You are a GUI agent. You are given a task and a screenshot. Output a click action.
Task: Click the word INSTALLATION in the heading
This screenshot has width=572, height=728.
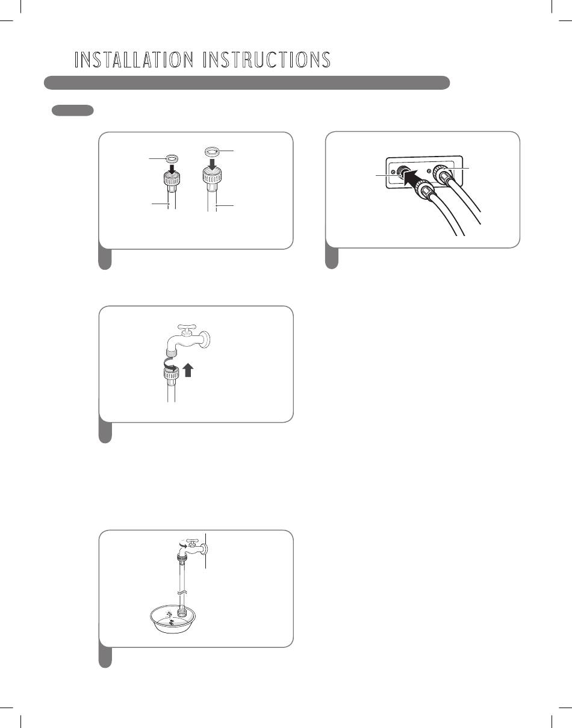pos(134,60)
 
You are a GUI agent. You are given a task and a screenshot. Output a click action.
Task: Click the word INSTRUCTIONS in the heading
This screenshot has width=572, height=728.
pos(267,60)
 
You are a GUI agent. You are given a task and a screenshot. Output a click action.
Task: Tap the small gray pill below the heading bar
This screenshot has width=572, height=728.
pos(72,110)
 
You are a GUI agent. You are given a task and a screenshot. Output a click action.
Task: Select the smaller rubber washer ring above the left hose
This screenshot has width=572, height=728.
pos(172,158)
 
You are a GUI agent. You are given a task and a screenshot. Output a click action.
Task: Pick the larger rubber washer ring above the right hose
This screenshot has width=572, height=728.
pos(212,151)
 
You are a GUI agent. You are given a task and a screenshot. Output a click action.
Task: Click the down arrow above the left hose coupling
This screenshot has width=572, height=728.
pos(172,167)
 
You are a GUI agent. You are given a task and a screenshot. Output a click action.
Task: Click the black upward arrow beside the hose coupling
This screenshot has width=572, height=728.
pos(188,370)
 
